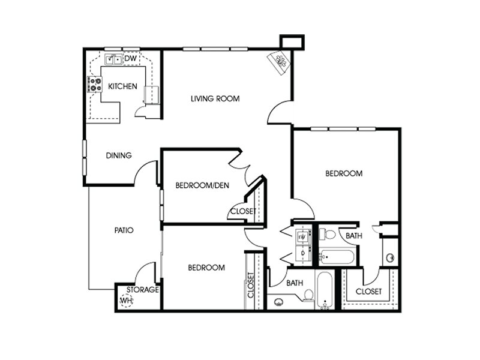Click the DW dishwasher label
pos(130,58)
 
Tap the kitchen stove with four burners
pos(94,84)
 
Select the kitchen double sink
pos(113,59)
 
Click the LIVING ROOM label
pos(215,98)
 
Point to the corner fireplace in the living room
pos(278,62)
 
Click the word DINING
pos(119,155)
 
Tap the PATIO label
pos(124,230)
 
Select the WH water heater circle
pos(126,301)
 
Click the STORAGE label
pos(143,290)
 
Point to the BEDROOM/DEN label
pos(202,185)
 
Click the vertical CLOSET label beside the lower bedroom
pos(251,285)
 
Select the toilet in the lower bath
pos(308,295)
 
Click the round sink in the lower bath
pos(278,302)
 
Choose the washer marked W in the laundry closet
pos(302,236)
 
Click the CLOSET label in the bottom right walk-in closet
pos(368,292)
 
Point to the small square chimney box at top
pos(292,42)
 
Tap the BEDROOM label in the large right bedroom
pos(344,173)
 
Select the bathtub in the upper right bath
pos(337,257)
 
